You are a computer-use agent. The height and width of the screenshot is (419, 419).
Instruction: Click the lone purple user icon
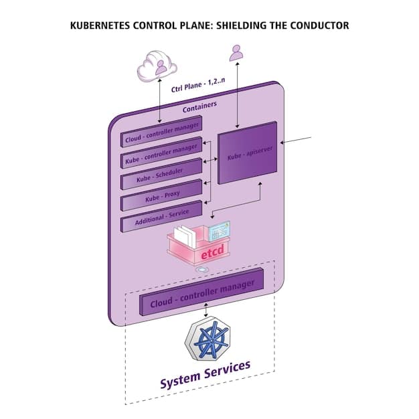(x=236, y=53)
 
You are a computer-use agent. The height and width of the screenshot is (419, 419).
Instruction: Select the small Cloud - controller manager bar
(x=162, y=134)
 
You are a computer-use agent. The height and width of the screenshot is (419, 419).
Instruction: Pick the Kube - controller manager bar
(x=161, y=155)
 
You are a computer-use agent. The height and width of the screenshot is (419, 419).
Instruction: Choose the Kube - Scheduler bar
(x=161, y=175)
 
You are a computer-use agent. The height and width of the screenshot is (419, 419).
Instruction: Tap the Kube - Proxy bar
(x=161, y=195)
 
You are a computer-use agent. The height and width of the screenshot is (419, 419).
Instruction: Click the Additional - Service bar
(x=161, y=217)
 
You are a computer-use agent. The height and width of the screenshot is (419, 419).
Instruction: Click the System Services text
(x=205, y=375)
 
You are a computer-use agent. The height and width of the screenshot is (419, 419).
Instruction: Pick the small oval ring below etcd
(x=202, y=270)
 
